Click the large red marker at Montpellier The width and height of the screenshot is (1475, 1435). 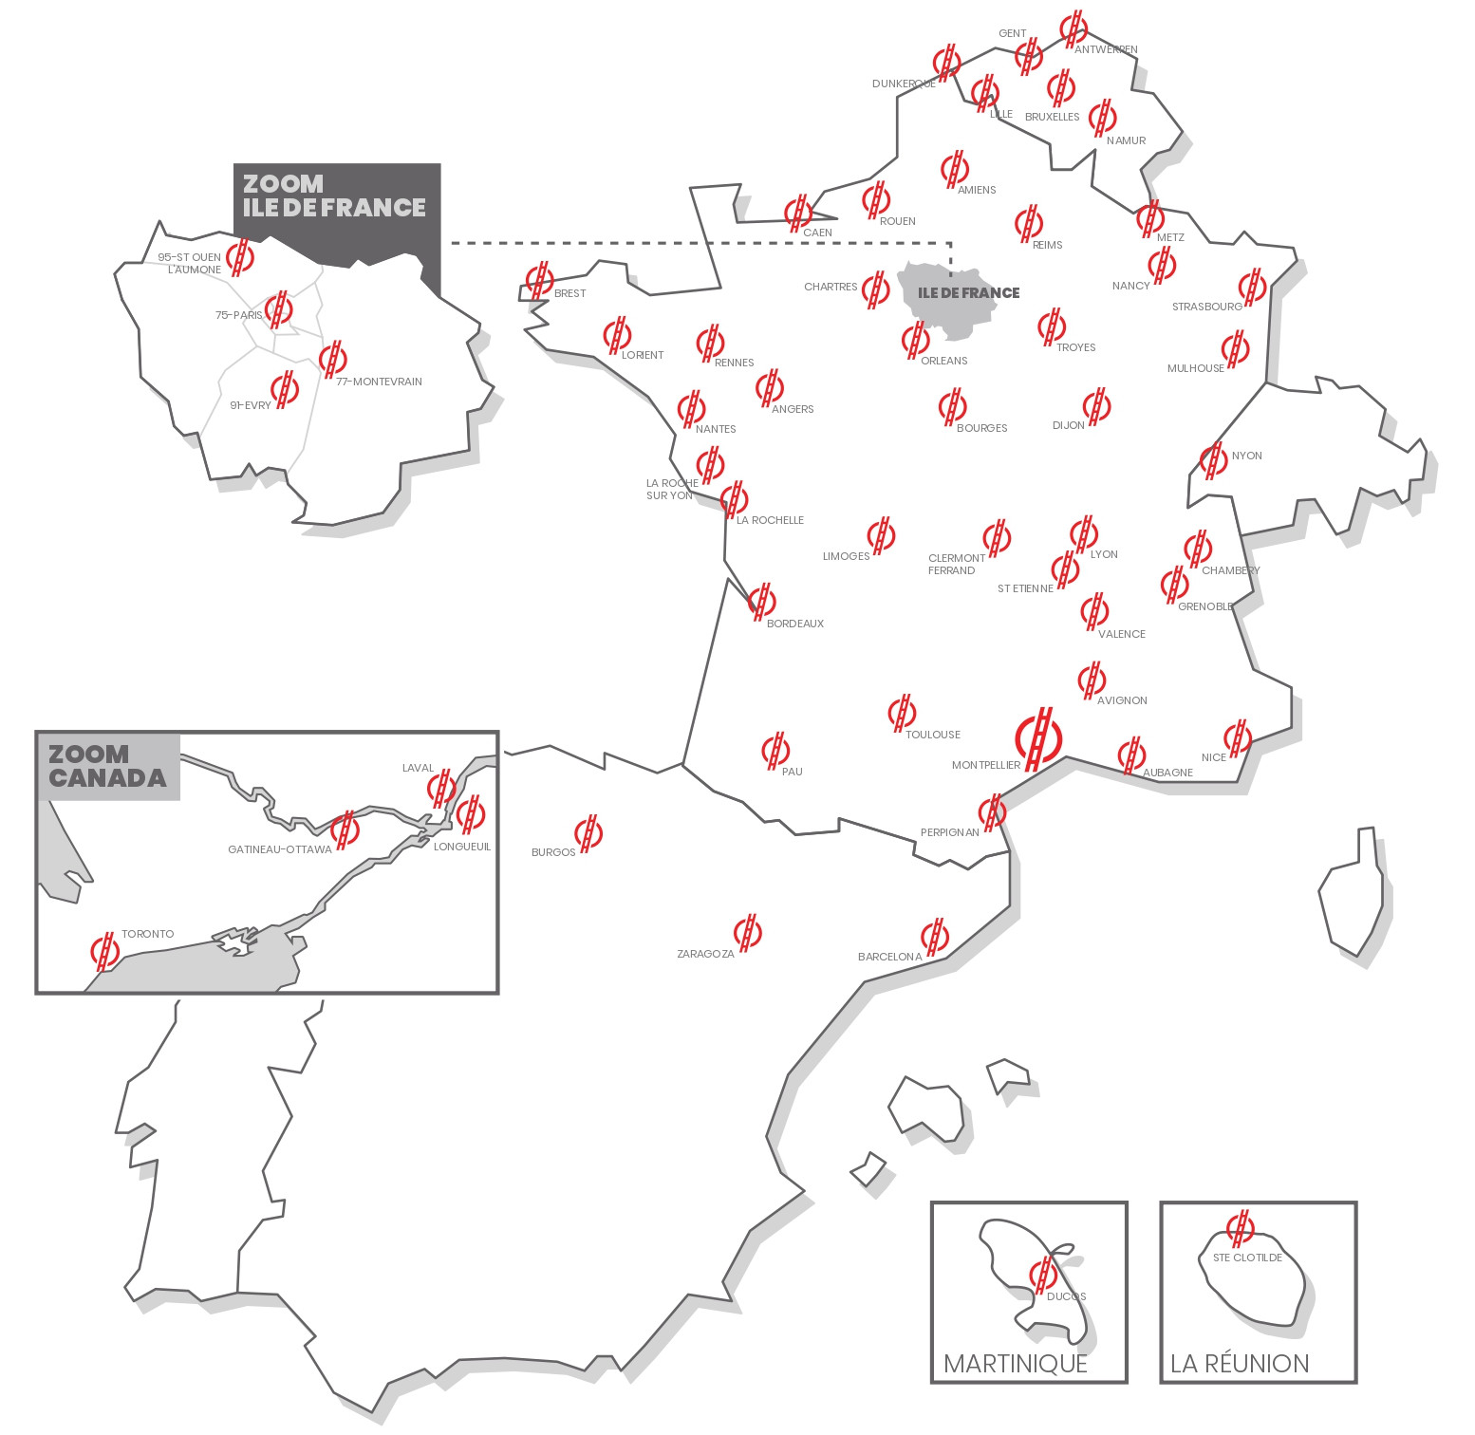[1038, 737]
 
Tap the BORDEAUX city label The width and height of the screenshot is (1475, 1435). [794, 624]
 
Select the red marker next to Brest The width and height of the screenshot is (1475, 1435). [540, 280]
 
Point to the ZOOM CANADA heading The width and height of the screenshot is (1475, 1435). [107, 767]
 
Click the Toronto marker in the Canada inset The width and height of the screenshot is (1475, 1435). [105, 951]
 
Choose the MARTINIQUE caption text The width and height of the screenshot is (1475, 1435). [1015, 1364]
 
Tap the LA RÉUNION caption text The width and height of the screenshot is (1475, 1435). [1239, 1364]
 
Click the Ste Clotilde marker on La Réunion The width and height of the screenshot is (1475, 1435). [1241, 1227]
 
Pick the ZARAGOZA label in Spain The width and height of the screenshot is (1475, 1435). [705, 954]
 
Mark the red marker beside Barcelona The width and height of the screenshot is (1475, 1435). [935, 937]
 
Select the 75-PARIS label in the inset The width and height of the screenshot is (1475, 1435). [238, 315]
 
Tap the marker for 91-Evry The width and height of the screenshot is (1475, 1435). [285, 387]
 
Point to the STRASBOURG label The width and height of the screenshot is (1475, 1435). [1206, 307]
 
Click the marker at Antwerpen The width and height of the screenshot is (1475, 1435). [1074, 28]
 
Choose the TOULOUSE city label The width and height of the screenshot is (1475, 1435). [932, 735]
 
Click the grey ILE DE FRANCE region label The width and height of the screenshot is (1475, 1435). [968, 293]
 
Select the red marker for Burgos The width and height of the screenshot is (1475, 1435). [589, 833]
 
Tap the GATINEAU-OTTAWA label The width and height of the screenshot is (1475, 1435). [280, 849]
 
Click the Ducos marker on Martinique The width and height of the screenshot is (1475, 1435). [1043, 1274]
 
